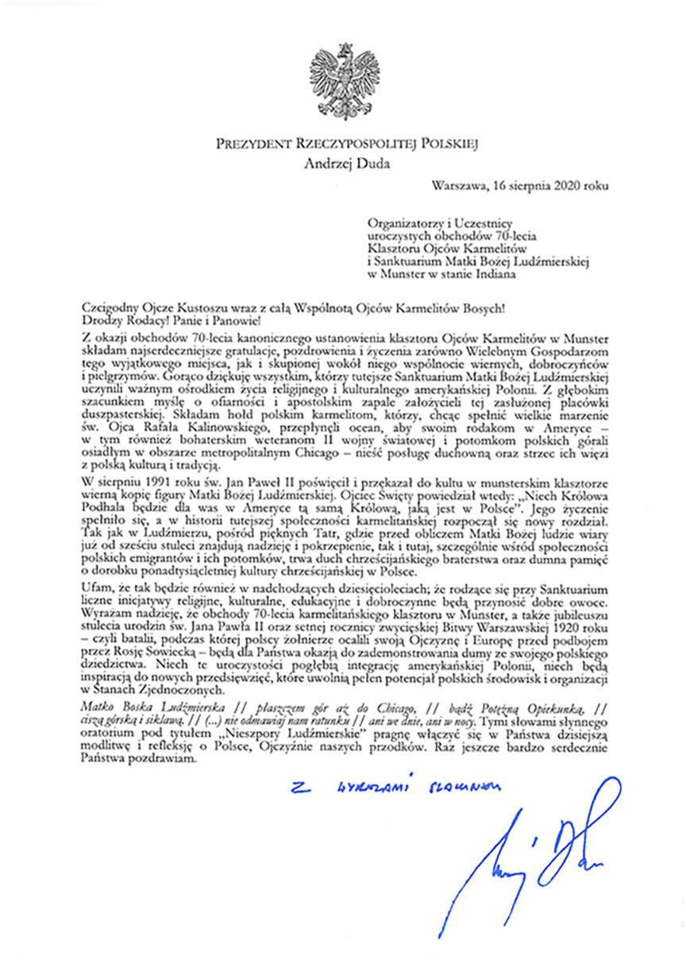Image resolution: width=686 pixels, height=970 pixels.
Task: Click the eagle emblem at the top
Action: coord(344,83)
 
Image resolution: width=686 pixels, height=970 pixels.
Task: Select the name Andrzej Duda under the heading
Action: coord(343,165)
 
